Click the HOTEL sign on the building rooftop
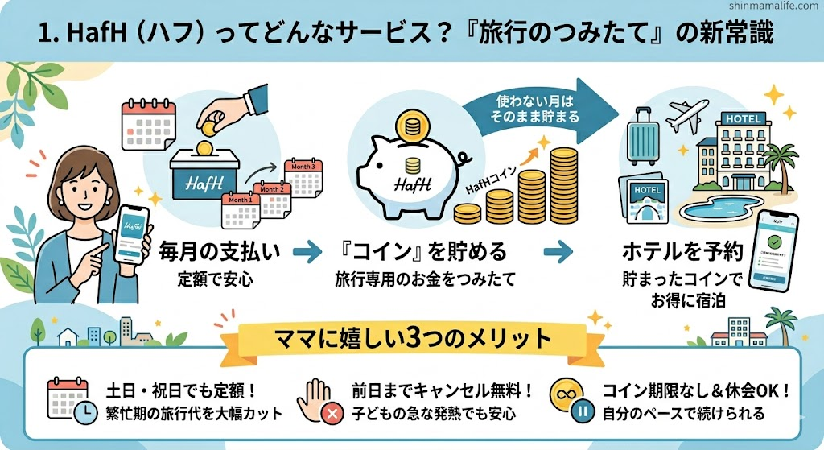click(745, 118)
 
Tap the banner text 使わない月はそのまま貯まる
click(529, 109)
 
